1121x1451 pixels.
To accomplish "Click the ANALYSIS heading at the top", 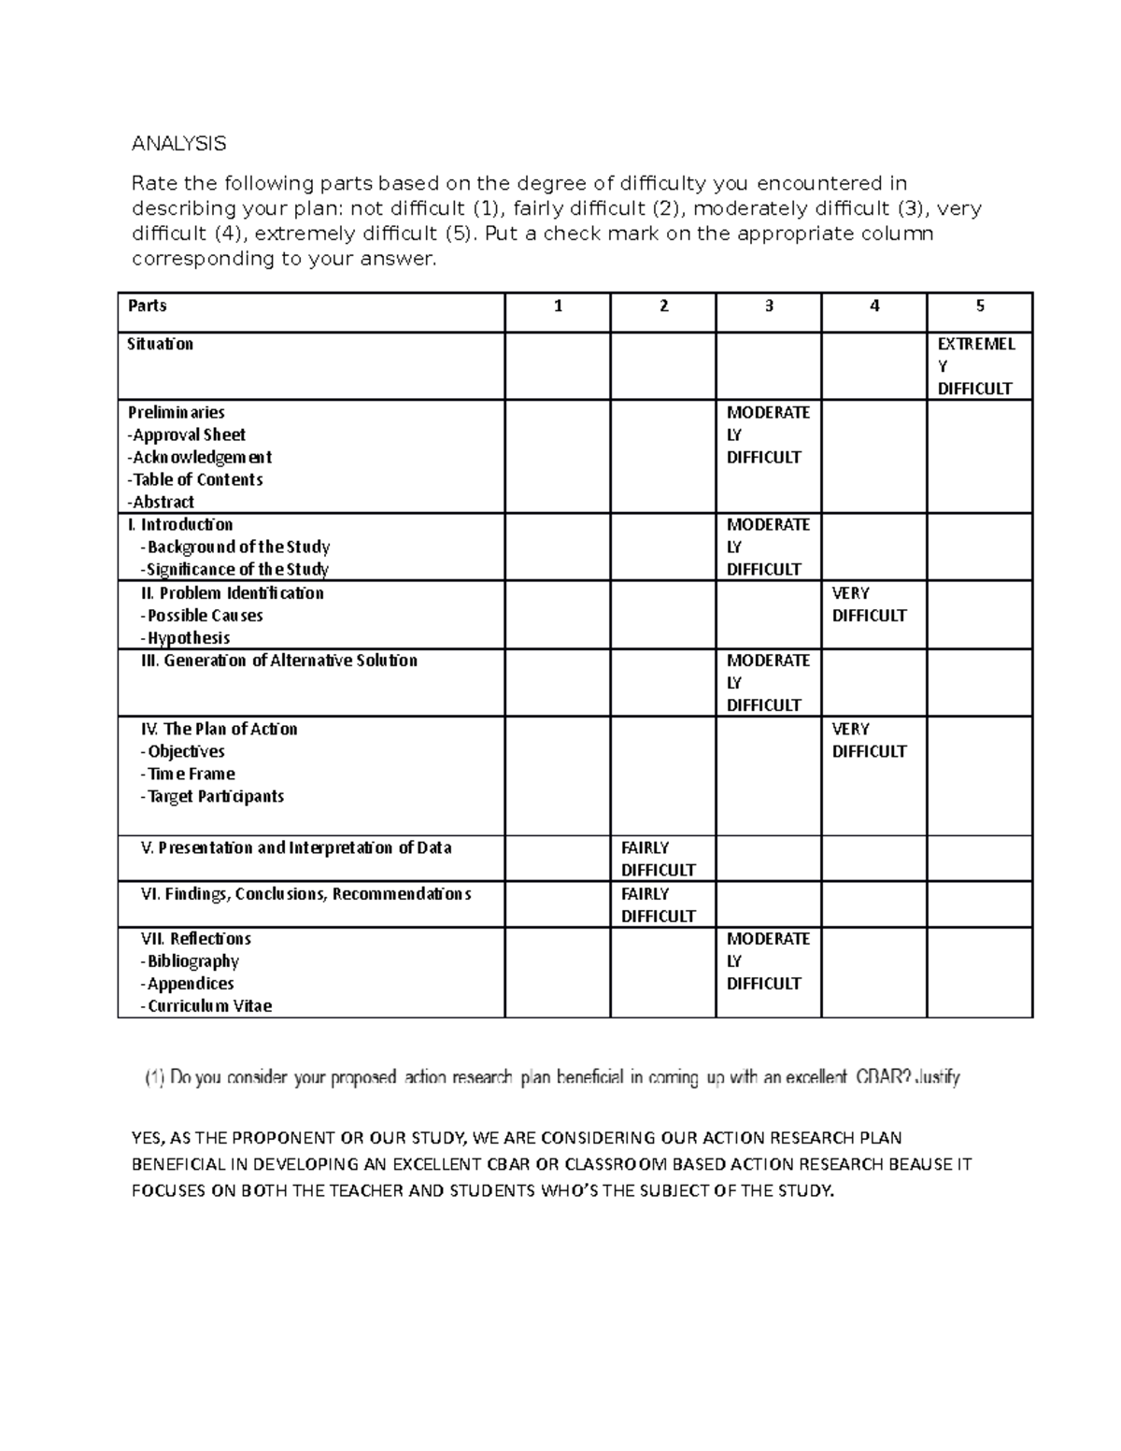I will [178, 144].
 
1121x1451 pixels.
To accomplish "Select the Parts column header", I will [148, 306].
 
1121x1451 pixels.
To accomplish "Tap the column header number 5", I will [979, 306].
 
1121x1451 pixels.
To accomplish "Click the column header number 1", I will [558, 306].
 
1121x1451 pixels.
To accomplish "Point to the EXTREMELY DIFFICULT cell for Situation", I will [975, 366].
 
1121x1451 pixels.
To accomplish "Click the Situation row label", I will [160, 344].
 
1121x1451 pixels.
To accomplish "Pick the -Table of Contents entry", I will [195, 479].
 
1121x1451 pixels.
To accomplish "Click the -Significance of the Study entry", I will [234, 569].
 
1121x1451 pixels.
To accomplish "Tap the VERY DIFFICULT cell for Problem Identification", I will [869, 605].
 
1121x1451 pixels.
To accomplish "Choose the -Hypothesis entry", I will [185, 638].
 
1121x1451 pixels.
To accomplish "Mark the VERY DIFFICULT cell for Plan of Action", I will [869, 740].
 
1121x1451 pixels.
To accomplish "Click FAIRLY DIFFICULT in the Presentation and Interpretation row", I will [658, 859].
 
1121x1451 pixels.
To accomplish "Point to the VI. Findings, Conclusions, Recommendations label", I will [305, 894].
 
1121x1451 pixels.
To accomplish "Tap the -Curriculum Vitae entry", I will [206, 1006].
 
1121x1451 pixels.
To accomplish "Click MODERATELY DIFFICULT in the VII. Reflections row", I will [767, 960].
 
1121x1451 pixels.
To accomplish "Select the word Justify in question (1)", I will [937, 1077].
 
